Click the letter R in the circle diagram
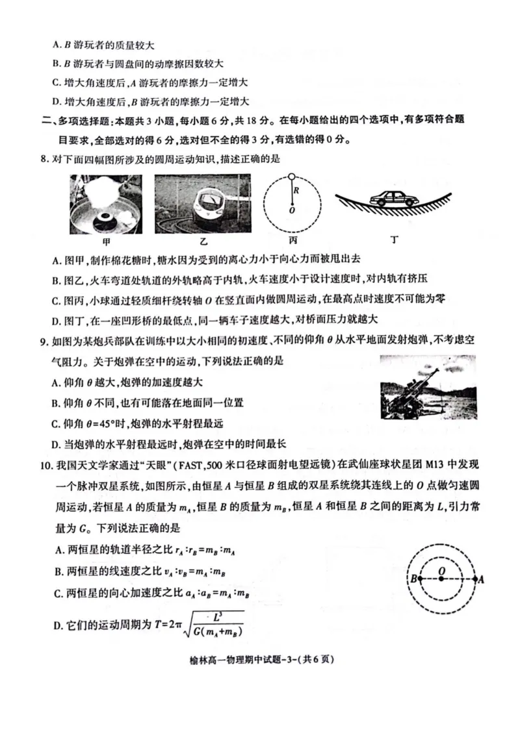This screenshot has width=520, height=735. tap(295, 191)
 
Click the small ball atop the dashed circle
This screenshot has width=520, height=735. tap(292, 175)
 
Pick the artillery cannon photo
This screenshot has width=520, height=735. tap(427, 388)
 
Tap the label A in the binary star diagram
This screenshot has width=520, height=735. tap(482, 579)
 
